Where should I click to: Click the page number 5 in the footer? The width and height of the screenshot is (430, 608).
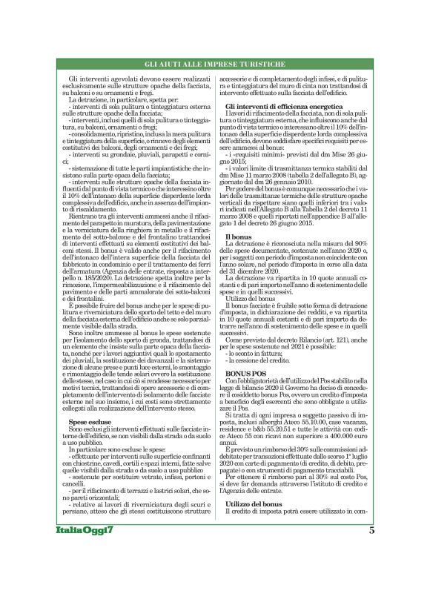[x=371, y=571]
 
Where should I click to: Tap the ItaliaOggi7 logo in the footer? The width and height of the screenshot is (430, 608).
[x=86, y=572]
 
